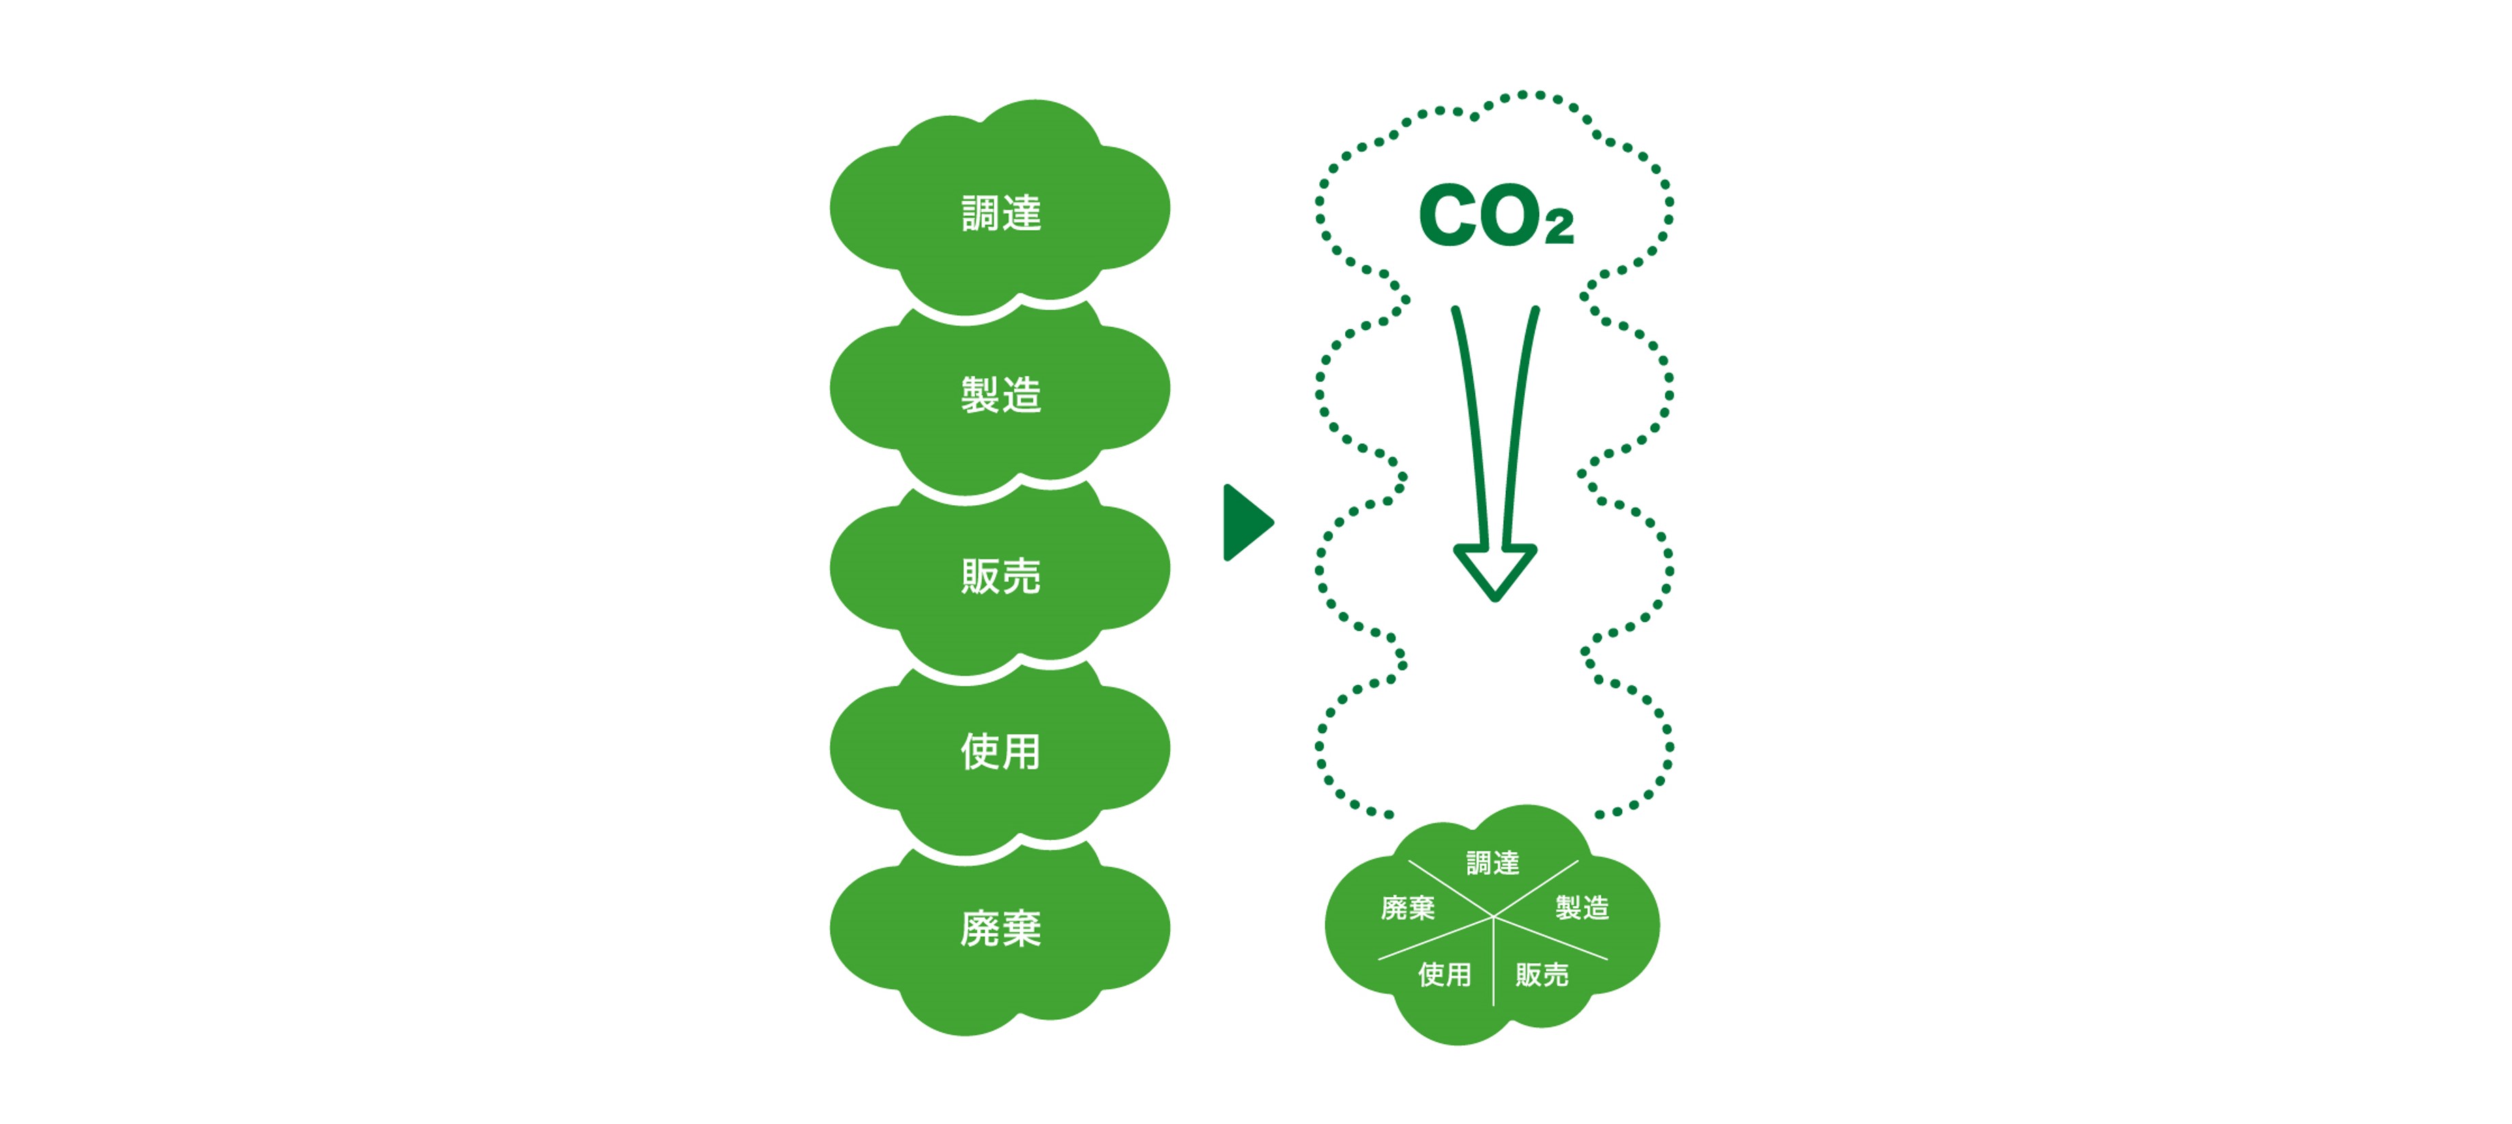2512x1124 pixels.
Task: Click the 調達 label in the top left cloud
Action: coord(1001,212)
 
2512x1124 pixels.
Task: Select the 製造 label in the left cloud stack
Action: coord(1001,394)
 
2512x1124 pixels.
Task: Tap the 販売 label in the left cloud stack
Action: coord(1001,575)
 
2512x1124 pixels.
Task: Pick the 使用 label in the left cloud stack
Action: coord(1001,751)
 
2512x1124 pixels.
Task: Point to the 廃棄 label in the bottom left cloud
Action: coord(1001,928)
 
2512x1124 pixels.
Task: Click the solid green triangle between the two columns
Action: coord(1246,523)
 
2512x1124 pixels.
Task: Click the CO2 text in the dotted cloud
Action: coord(1496,214)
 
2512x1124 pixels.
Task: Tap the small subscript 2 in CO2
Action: coord(1558,226)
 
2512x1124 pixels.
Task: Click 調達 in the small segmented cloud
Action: coord(1493,863)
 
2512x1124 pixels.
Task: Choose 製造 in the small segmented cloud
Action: coord(1581,908)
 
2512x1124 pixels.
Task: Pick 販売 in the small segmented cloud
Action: coord(1542,974)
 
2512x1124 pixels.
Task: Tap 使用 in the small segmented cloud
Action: coord(1444,974)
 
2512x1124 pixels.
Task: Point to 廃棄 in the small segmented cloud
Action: coord(1408,908)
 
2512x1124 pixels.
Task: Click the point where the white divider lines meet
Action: coord(1493,917)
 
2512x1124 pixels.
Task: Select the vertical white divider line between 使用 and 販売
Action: coord(1493,962)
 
